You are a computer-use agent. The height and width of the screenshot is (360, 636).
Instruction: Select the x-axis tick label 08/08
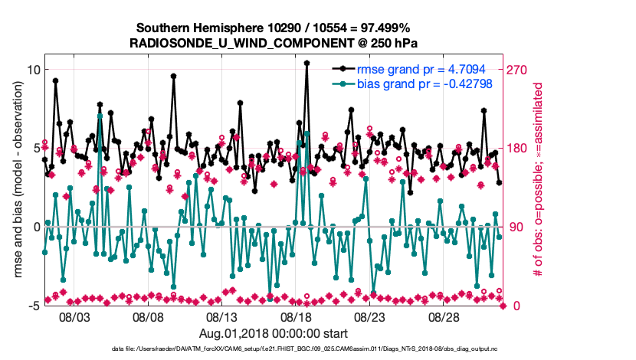click(x=152, y=316)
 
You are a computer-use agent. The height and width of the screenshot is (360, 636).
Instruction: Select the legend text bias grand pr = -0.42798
click(x=425, y=83)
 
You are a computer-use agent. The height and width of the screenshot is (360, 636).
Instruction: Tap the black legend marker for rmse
click(x=343, y=69)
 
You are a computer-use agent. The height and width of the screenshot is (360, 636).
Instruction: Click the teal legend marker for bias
click(x=343, y=83)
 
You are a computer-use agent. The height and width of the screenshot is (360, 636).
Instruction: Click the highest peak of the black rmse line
click(x=307, y=64)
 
